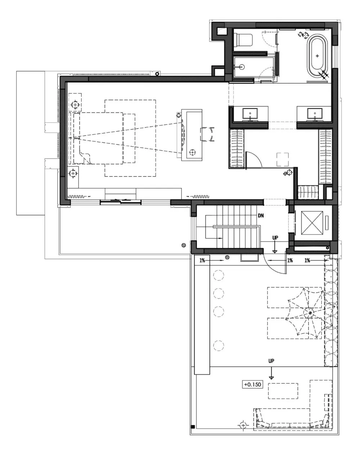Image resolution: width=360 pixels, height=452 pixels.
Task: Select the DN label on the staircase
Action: [x=261, y=216]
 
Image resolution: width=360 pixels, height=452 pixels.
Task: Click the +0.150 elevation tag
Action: [x=252, y=384]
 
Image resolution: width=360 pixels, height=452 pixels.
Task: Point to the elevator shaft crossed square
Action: [x=312, y=223]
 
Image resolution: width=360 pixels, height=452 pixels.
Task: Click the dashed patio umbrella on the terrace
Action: [x=310, y=313]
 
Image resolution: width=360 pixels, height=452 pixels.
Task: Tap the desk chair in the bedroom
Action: [x=207, y=134]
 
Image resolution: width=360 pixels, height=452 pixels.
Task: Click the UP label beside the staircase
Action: [x=275, y=238]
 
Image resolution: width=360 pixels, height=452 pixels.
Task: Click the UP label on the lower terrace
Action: [x=271, y=361]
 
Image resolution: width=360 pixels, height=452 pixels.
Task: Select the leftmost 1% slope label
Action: [x=202, y=260]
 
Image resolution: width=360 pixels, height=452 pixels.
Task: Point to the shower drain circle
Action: [x=242, y=67]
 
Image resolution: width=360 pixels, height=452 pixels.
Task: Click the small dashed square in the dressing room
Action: [x=283, y=160]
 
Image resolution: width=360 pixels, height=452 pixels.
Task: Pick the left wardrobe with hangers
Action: [x=237, y=148]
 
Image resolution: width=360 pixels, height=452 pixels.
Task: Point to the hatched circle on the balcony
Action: [x=184, y=245]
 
